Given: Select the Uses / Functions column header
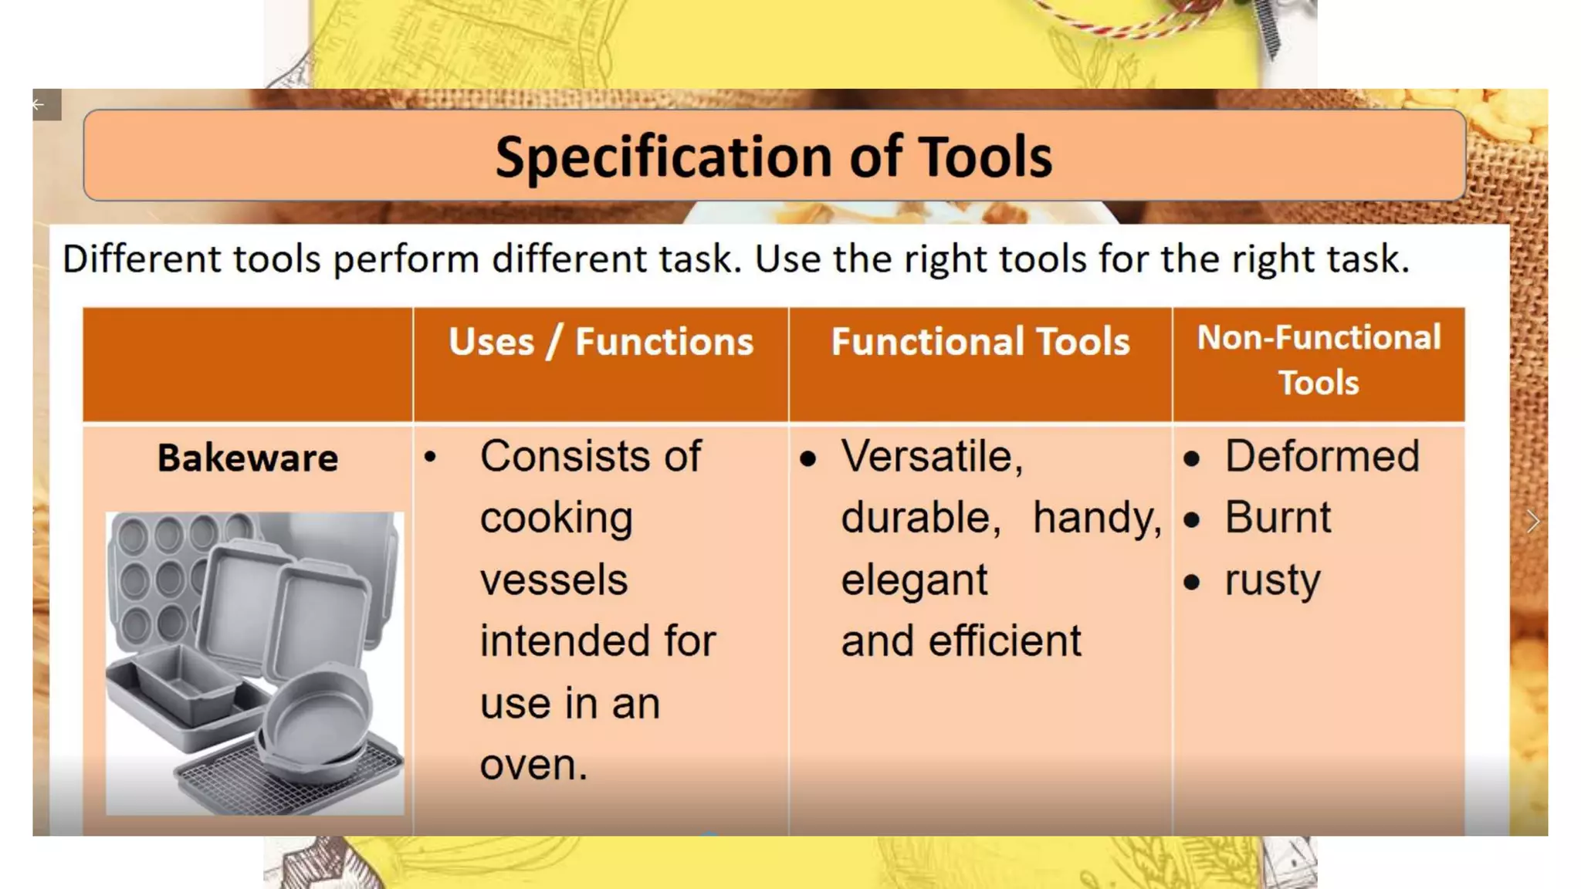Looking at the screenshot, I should click(x=601, y=342).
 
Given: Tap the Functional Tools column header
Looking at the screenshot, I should click(x=980, y=342).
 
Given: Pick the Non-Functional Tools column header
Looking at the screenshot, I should click(x=1319, y=360).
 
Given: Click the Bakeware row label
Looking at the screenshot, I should click(x=248, y=458).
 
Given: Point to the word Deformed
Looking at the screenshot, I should click(x=1322, y=456).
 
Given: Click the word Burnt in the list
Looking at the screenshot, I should click(x=1278, y=517).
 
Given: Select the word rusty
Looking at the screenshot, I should click(x=1272, y=580).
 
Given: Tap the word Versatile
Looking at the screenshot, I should click(x=931, y=456).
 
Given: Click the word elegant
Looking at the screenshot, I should click(x=914, y=580).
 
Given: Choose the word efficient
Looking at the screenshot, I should click(x=1004, y=641).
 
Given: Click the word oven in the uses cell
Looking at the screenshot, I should click(x=533, y=766).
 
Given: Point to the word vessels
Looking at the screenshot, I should click(x=554, y=580).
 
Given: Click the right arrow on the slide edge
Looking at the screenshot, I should click(x=1533, y=522).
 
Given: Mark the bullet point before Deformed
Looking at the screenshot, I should click(x=1191, y=459).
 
